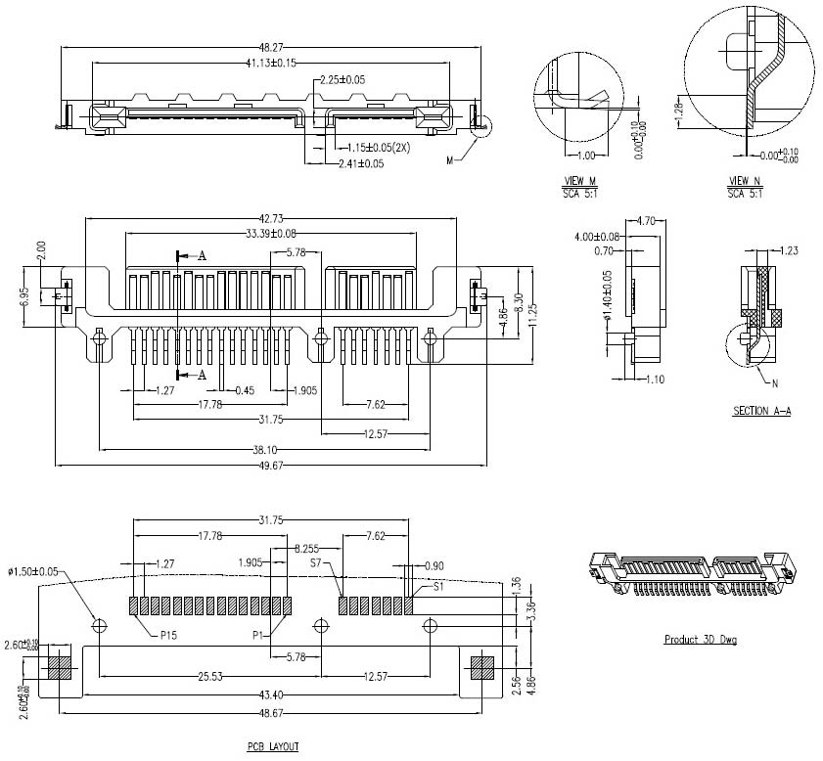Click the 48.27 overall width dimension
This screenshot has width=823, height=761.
click(270, 46)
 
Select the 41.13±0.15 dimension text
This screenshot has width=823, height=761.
click(270, 63)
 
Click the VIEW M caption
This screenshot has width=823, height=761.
click(580, 182)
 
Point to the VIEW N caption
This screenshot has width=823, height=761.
click(746, 182)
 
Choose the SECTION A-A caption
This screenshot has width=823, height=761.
click(761, 412)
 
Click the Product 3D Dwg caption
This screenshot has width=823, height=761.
click(700, 640)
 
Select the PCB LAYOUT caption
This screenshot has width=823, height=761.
click(272, 746)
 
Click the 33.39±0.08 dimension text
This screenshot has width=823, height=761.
click(270, 234)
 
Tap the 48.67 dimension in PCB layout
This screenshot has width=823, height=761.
click(270, 712)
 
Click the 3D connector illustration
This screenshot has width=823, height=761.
click(689, 575)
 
